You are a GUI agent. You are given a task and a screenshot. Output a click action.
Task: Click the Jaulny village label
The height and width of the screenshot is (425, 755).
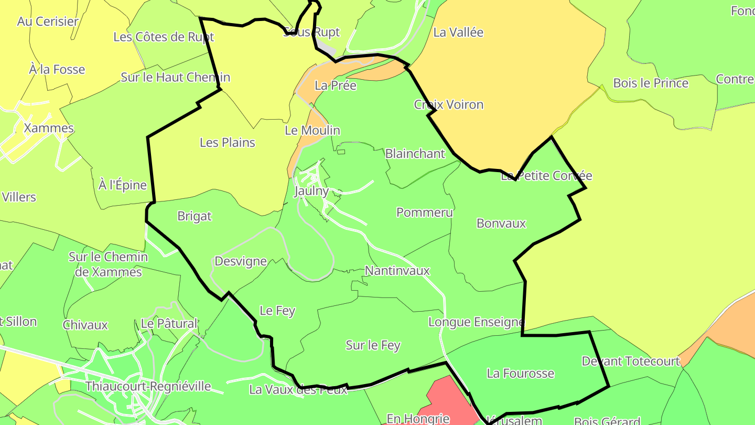311,191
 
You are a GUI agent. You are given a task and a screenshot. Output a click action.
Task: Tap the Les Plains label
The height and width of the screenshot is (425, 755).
228,142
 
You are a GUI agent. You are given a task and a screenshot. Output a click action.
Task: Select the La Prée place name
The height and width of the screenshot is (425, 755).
336,85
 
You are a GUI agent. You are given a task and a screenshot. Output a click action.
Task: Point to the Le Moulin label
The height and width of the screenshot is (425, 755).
312,130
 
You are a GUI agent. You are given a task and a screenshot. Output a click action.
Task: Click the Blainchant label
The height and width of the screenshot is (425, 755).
415,154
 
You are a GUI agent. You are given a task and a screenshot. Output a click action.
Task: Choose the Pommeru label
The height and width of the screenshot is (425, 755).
424,212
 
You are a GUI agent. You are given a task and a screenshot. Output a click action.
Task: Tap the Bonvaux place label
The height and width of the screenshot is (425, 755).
501,223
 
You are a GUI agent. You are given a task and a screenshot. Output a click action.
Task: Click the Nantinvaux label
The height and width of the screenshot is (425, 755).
397,271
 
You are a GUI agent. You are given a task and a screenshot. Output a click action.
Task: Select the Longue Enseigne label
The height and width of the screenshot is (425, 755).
476,322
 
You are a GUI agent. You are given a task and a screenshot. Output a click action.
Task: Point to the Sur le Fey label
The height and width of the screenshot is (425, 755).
373,345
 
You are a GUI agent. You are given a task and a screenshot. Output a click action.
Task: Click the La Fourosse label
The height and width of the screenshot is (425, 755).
520,373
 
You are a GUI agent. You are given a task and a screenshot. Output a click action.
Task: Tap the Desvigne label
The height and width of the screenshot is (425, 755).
241,261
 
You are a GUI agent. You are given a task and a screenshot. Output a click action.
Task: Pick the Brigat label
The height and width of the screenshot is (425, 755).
195,216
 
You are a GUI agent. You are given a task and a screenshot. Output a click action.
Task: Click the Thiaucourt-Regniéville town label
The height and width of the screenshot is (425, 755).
148,387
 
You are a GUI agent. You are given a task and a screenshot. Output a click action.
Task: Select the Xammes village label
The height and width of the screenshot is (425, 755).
49,128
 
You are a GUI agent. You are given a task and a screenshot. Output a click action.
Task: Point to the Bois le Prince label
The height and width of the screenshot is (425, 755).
651,83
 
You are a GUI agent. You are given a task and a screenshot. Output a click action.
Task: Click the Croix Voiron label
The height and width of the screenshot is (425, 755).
448,104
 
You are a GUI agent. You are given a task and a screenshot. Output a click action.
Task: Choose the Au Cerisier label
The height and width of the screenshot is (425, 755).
48,22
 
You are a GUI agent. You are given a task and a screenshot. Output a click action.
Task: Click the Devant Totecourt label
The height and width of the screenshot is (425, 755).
631,361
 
